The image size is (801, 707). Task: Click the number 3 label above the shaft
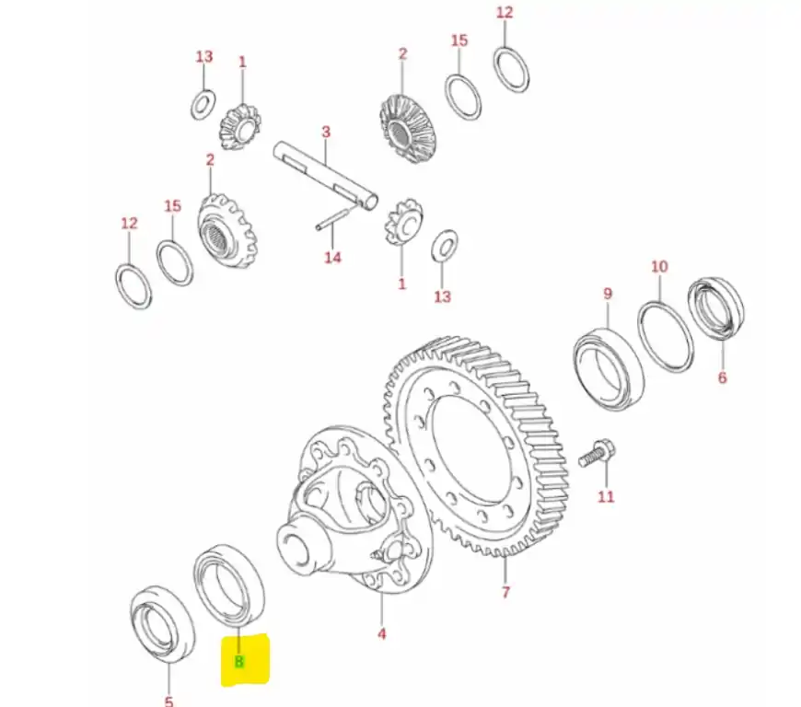326,132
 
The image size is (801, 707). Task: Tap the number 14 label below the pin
332,257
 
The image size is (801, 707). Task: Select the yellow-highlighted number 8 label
239,662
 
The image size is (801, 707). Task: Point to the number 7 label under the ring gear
505,592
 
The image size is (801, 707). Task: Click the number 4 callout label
381,634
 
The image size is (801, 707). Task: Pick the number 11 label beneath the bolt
606,496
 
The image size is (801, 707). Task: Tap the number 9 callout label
608,294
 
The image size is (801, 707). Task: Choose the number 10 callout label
659,266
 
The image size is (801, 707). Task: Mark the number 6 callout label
722,377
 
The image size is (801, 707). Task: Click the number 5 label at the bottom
169,701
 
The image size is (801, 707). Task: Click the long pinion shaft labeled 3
325,175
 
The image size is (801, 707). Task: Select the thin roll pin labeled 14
334,216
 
